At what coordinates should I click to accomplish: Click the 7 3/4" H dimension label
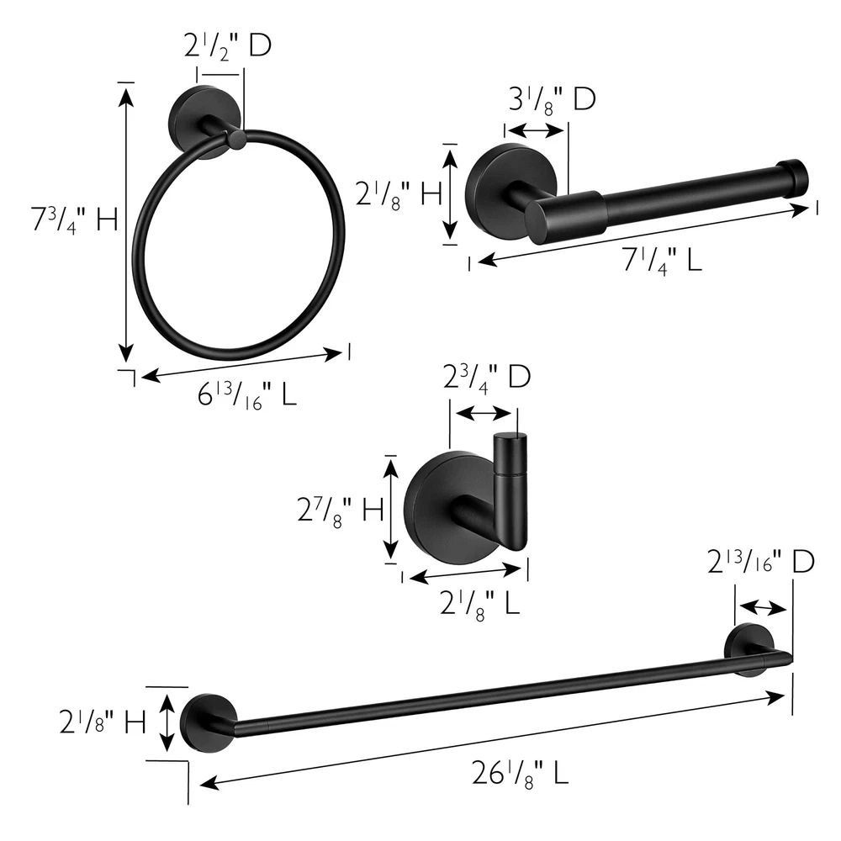pos(74,220)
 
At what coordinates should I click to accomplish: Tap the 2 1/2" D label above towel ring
pos(228,45)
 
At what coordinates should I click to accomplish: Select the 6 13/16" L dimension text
pos(246,396)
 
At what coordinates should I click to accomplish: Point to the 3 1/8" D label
pos(552,99)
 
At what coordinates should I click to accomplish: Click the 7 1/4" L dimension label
pos(663,262)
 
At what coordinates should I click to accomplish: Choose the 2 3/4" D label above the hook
pos(487,377)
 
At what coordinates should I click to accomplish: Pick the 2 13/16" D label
pos(761,562)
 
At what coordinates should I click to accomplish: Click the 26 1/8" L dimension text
pos(520,774)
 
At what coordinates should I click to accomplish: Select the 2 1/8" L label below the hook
pos(479,602)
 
